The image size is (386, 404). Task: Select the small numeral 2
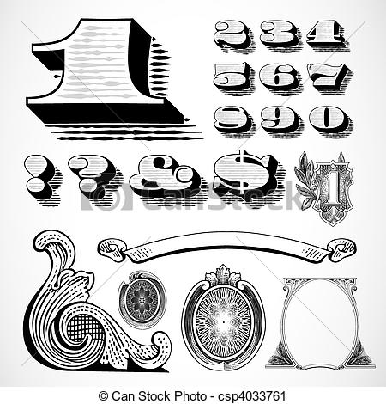pos(233,35)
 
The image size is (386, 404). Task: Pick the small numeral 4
pos(327,35)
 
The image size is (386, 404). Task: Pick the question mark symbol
pos(93,179)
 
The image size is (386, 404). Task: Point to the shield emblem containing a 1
pos(332,189)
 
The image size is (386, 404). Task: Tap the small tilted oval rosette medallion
pos(142,300)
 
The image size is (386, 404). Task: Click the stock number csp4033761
pos(252,396)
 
